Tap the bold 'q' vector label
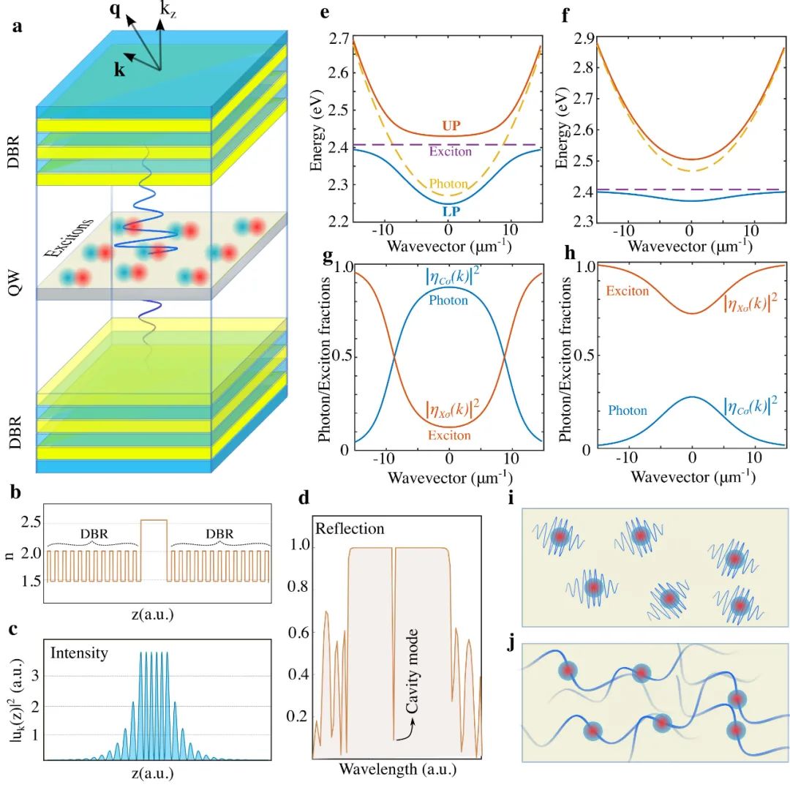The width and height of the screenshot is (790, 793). pos(115,12)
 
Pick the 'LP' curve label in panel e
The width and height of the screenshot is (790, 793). pos(451,211)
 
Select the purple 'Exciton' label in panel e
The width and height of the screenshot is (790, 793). pos(451,152)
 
